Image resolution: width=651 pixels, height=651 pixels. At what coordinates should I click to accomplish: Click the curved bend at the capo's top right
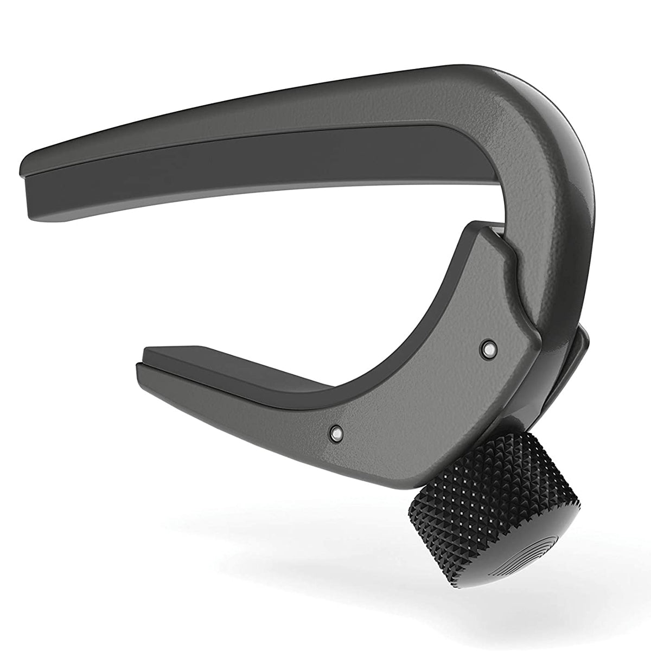pos(548,119)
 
